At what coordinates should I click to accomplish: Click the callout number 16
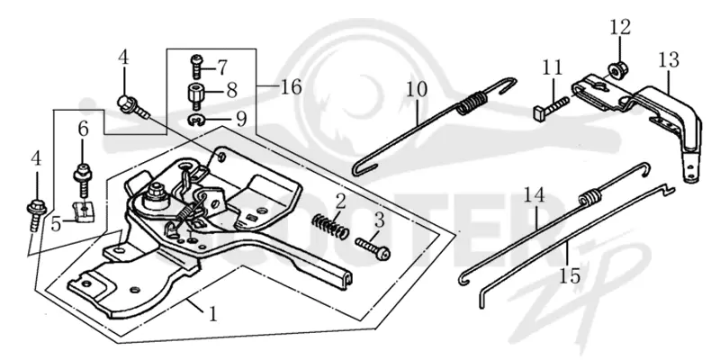[291, 86]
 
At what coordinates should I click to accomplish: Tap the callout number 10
[417, 89]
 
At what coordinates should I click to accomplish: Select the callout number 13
[668, 60]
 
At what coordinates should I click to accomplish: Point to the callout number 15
[570, 275]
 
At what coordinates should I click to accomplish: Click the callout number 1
[212, 314]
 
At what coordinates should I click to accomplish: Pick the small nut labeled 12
[615, 69]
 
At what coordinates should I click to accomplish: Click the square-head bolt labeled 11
[552, 105]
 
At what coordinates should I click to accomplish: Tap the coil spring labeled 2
[329, 226]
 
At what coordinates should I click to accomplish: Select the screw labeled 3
[373, 249]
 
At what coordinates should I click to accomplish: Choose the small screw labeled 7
[196, 67]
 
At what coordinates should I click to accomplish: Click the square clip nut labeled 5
[83, 211]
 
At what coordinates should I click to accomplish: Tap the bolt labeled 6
[83, 179]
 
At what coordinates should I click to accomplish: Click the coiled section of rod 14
[591, 197]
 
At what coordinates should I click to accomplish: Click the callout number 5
[56, 224]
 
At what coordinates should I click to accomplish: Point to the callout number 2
[340, 201]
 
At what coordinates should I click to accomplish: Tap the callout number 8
[232, 91]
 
